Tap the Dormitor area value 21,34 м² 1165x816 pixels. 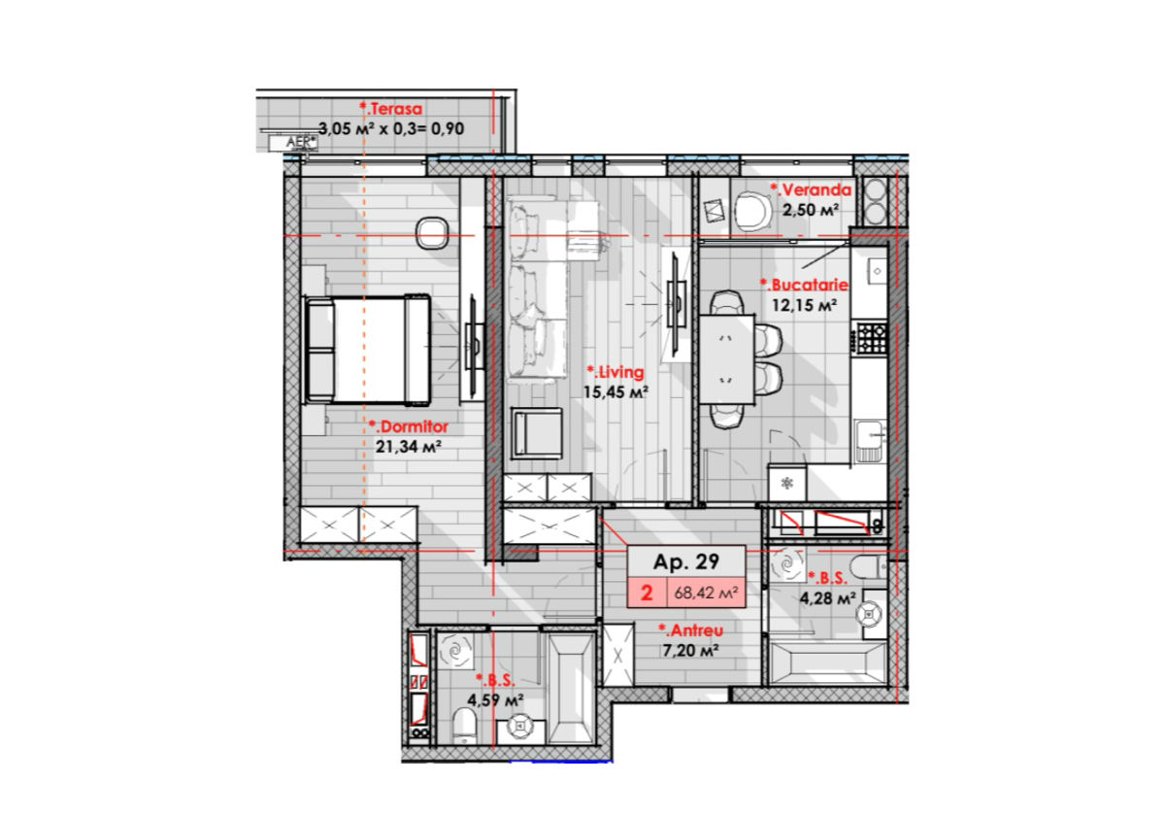(409, 447)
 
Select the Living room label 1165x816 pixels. (616, 372)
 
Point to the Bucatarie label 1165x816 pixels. (804, 286)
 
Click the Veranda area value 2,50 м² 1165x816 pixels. (811, 210)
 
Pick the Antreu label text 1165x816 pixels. (690, 630)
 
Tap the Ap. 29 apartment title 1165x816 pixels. (686, 562)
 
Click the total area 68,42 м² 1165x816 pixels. (707, 593)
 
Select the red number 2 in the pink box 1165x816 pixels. (647, 594)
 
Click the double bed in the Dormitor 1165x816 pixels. (367, 351)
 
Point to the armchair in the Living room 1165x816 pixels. (537, 433)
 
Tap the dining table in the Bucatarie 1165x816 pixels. (726, 359)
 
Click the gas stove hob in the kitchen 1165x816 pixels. (872, 338)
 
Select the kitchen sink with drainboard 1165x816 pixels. (870, 441)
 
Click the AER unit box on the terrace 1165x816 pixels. (293, 143)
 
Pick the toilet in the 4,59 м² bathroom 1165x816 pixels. (465, 726)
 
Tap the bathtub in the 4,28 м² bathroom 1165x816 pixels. (827, 663)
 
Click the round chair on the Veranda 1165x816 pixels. (752, 210)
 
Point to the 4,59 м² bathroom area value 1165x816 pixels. (495, 700)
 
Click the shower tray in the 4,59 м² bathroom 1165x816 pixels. (572, 688)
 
